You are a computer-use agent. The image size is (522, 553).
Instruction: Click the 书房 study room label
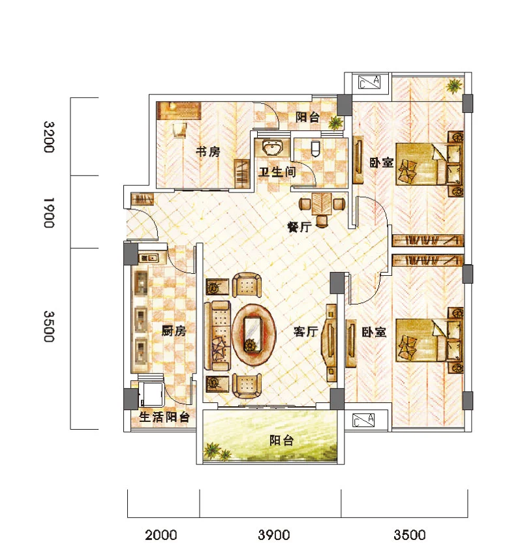click(x=208, y=152)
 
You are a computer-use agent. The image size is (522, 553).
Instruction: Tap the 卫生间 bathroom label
click(x=277, y=172)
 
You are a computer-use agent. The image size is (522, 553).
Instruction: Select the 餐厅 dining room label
click(x=299, y=227)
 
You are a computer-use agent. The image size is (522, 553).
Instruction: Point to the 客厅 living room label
click(x=306, y=331)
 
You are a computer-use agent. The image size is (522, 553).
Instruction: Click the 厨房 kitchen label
click(x=174, y=331)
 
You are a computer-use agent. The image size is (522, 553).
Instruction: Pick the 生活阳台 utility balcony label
click(x=164, y=417)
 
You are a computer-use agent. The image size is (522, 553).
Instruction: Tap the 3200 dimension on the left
click(x=49, y=137)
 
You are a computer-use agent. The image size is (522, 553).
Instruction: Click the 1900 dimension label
click(x=49, y=213)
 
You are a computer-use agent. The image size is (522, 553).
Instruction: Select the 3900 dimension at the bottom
click(x=274, y=535)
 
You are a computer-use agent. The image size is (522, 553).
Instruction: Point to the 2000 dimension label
click(x=161, y=535)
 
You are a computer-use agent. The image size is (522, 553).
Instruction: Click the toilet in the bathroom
click(x=316, y=148)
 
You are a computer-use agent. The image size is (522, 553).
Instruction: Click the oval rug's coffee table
click(x=253, y=334)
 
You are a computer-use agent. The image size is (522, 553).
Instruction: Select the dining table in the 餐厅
click(x=322, y=204)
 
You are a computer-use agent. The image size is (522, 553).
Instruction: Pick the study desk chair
click(x=179, y=129)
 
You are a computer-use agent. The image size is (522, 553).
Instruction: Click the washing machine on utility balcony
click(x=152, y=395)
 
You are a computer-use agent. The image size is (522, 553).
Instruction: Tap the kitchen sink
click(x=149, y=258)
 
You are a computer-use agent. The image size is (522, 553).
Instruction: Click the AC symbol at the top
click(x=369, y=82)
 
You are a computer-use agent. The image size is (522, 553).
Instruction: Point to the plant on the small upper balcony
click(x=335, y=123)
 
